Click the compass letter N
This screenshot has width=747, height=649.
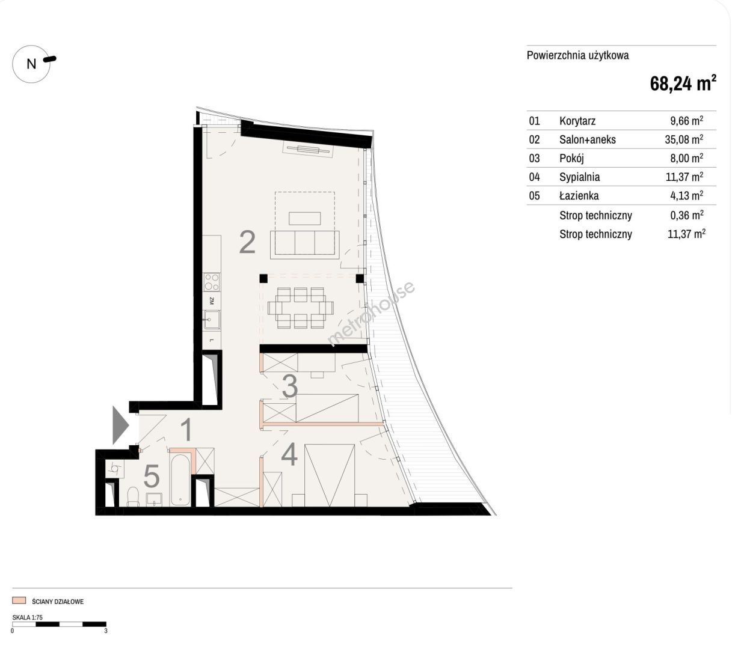pyautogui.click(x=31, y=64)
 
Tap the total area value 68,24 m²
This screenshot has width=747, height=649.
pyautogui.click(x=683, y=83)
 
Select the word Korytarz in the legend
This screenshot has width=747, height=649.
pyautogui.click(x=577, y=121)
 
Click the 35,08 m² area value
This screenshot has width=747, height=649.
pyautogui.click(x=684, y=139)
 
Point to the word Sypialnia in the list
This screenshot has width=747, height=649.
pyautogui.click(x=579, y=177)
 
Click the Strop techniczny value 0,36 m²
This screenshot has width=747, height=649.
pyautogui.click(x=686, y=215)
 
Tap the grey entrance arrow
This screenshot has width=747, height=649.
pyautogui.click(x=121, y=425)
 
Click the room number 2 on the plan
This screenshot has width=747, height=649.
pyautogui.click(x=247, y=242)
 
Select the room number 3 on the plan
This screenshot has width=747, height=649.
pyautogui.click(x=290, y=386)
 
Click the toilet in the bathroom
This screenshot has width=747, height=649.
pyautogui.click(x=134, y=497)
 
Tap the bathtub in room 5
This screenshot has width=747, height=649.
pyautogui.click(x=180, y=479)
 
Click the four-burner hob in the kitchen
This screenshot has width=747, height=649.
pyautogui.click(x=212, y=282)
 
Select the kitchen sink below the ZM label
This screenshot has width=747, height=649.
pyautogui.click(x=212, y=320)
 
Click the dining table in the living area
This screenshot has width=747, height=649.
pyautogui.click(x=301, y=308)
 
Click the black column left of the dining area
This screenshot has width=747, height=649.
pyautogui.click(x=263, y=279)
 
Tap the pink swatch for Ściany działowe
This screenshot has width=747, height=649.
pyautogui.click(x=19, y=600)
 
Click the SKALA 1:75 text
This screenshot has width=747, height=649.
pyautogui.click(x=28, y=617)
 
